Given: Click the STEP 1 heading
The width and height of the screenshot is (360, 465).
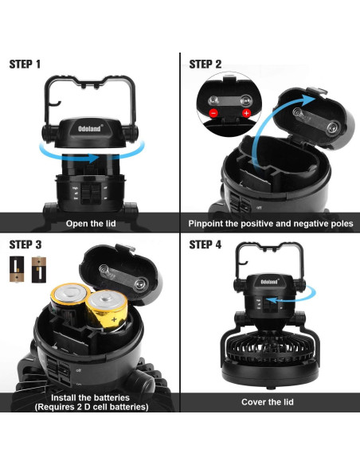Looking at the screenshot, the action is [x=25, y=64].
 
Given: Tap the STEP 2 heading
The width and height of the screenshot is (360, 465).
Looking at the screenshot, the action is [x=205, y=64].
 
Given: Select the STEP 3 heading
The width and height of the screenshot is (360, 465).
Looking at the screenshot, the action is [x=25, y=244].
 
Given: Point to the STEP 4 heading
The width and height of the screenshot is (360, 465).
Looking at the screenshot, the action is [x=205, y=244].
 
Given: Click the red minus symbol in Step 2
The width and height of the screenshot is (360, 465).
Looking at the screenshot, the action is [x=213, y=113].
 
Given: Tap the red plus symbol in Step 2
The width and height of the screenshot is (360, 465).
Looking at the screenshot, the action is [x=246, y=113].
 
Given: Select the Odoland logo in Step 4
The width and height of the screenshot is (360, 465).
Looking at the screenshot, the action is [x=269, y=281].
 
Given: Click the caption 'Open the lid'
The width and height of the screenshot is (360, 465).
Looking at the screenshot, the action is [x=91, y=223].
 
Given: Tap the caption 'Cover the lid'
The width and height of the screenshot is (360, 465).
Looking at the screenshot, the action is [x=268, y=402].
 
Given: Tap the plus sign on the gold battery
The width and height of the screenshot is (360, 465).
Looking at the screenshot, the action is [x=114, y=320].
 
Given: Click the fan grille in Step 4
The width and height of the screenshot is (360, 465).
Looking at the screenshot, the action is [x=269, y=353].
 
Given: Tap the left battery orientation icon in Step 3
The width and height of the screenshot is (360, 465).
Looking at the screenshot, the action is [x=17, y=269].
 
